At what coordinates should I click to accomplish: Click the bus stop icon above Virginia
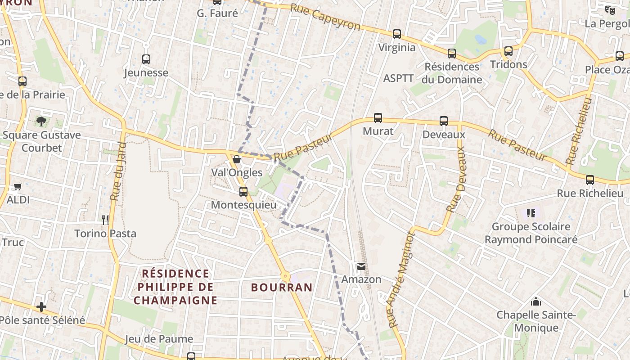coord(396,34)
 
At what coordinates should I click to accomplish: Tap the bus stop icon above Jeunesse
coord(146,59)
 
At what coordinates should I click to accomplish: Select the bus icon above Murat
coord(378,118)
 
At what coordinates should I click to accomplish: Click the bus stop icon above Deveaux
coord(444,121)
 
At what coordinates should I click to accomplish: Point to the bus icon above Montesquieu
coord(243,192)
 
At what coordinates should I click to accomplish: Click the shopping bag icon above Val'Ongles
coord(237,159)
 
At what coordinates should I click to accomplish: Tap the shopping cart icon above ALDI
coord(18,186)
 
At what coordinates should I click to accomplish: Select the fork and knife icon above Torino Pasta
coord(105,220)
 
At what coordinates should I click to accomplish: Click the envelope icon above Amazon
coord(361,266)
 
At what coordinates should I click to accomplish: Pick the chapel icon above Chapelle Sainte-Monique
coord(536,301)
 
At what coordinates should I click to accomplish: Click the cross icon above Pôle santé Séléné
coord(41,307)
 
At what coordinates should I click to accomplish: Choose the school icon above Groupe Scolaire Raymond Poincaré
coord(531,213)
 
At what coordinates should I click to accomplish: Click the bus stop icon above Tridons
coord(508,51)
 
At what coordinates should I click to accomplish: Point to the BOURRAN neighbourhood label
coord(282,288)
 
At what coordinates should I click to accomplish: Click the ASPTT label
coord(398,78)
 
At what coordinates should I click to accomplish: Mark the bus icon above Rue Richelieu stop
coord(590,180)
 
